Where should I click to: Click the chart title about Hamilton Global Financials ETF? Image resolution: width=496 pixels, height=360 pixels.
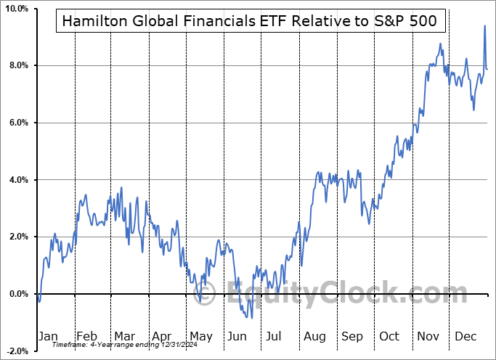click(x=250, y=21)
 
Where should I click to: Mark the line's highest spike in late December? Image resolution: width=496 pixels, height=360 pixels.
click(x=484, y=26)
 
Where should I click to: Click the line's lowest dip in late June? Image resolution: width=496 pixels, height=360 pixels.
click(x=251, y=317)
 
